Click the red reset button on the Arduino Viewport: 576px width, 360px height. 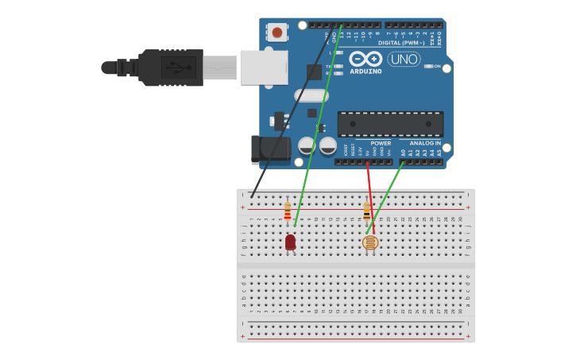[x=276, y=32]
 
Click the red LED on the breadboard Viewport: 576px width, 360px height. [x=290, y=242]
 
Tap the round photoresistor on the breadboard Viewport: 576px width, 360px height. [x=370, y=242]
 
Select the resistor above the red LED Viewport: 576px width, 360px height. [x=288, y=211]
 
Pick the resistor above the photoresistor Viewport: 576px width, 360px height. [x=366, y=211]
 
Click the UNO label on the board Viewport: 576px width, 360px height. [x=404, y=59]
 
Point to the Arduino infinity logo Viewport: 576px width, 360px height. [x=365, y=59]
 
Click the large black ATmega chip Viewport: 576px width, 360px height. [x=390, y=124]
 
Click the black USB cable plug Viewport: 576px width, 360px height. [x=171, y=68]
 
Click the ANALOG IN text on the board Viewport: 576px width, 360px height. [x=425, y=143]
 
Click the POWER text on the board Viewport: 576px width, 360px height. [x=380, y=143]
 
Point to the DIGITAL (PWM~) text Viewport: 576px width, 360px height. [x=401, y=42]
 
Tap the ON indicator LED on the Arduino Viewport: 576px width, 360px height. [x=427, y=66]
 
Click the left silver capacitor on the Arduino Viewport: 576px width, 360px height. [x=307, y=145]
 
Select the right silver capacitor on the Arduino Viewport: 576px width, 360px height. [x=327, y=145]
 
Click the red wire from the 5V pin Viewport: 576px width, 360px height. [x=370, y=199]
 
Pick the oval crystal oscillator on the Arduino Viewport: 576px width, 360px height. [x=311, y=95]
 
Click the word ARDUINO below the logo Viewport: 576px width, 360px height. [x=365, y=72]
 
